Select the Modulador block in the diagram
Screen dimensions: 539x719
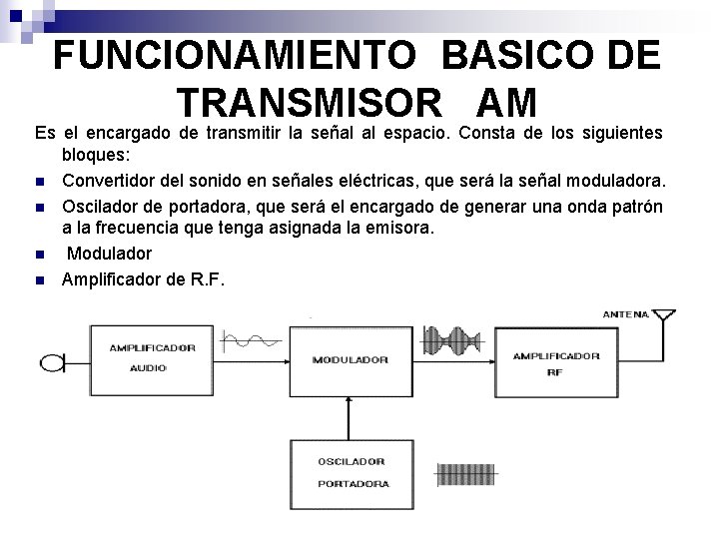pos(349,358)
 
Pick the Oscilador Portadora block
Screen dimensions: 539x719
pos(349,473)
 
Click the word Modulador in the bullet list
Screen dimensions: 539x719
pos(109,254)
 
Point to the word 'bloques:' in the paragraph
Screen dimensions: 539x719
pos(94,157)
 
